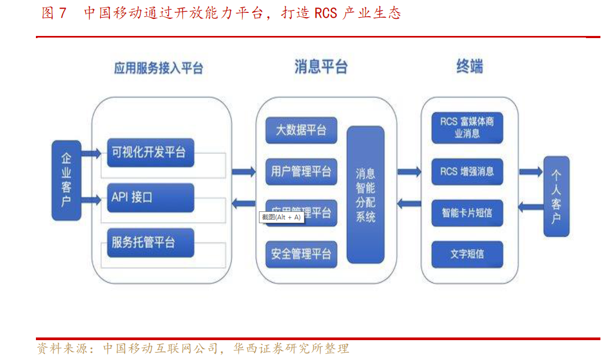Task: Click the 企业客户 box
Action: (66, 180)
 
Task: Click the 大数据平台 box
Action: (301, 130)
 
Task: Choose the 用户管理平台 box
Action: (301, 172)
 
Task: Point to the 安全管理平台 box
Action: (301, 254)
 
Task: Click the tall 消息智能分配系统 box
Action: (366, 195)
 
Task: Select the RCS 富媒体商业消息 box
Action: (467, 128)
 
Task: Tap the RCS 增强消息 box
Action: (467, 172)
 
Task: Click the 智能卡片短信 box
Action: (467, 212)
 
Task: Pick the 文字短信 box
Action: (467, 254)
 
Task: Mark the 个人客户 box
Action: (556, 196)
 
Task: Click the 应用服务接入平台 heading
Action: (159, 69)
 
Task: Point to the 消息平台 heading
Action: (321, 67)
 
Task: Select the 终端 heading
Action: (470, 67)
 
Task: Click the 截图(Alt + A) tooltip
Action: (281, 217)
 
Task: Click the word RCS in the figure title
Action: (325, 13)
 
